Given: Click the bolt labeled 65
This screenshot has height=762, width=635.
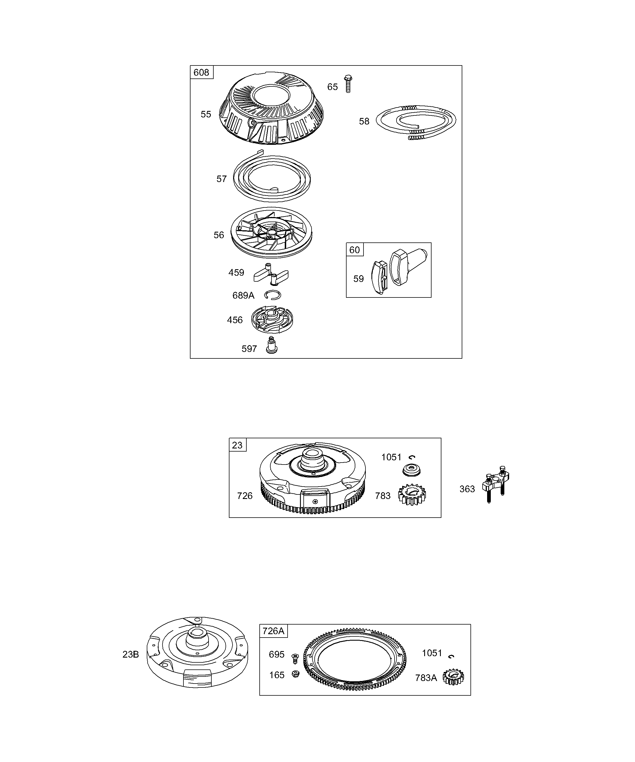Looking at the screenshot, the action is (x=348, y=84).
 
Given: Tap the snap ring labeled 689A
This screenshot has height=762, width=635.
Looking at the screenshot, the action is (x=273, y=295).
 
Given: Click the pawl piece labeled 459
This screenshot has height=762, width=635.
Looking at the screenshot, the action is (x=271, y=275).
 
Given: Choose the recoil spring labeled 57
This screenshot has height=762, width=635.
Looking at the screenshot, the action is (x=272, y=177).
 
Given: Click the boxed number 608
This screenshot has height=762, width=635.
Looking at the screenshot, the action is (x=202, y=72).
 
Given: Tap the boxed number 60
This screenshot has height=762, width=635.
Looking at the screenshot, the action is (x=354, y=250).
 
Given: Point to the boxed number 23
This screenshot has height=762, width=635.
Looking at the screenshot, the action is (x=237, y=445).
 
